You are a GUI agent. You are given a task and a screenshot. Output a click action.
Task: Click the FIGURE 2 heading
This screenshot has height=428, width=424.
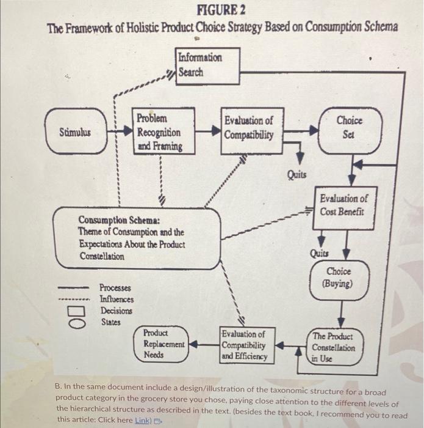click(220, 10)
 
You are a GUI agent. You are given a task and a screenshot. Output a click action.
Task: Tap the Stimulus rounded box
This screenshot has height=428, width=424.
click(74, 131)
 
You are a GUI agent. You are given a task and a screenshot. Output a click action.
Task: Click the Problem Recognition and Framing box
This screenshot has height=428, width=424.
click(163, 131)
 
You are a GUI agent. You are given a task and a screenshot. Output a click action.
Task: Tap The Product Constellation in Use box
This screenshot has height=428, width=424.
click(332, 347)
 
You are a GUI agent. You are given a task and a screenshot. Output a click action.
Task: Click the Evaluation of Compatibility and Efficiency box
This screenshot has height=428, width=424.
click(247, 345)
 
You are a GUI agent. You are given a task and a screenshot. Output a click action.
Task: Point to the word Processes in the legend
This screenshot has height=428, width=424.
click(116, 287)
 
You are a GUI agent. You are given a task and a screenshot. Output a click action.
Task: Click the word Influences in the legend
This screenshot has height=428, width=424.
click(117, 299)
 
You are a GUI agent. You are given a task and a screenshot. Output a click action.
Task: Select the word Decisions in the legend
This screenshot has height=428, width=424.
click(116, 310)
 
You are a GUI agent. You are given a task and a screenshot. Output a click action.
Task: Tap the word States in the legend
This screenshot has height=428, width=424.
click(110, 322)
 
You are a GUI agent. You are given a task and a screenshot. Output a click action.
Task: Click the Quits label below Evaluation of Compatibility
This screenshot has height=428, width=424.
click(297, 174)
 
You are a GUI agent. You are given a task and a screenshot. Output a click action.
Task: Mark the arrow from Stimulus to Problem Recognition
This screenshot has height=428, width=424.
click(120, 131)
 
